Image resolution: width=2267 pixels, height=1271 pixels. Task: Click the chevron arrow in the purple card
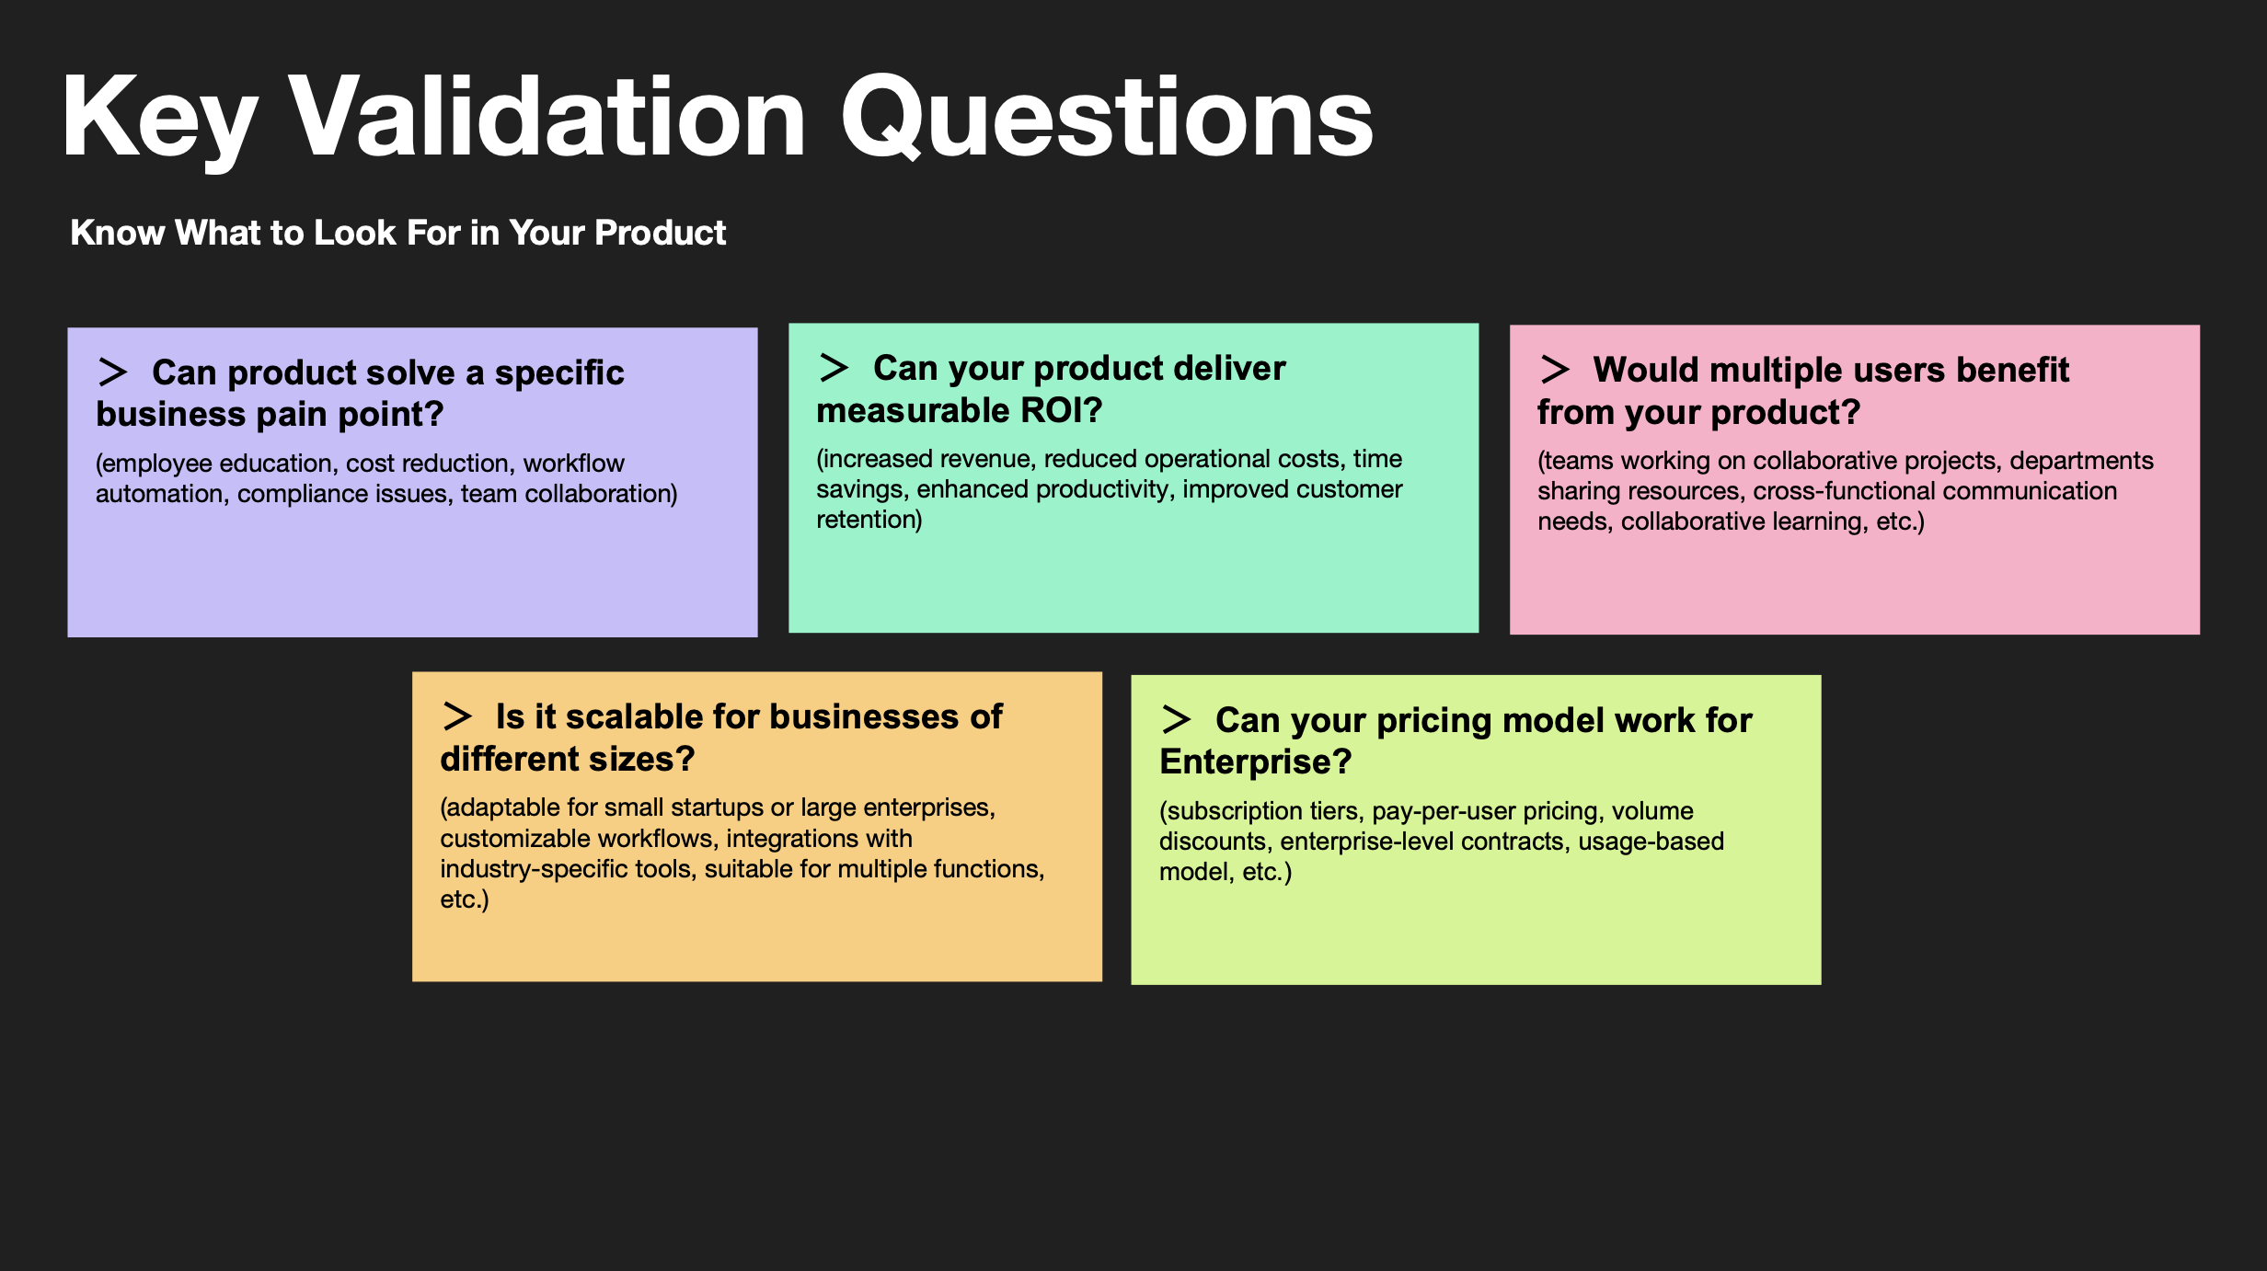coord(112,372)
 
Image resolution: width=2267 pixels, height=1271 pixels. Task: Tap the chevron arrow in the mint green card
coord(834,368)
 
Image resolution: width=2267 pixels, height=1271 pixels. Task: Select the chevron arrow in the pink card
coord(1555,370)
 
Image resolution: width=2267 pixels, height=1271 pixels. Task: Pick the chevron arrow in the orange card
coord(457,716)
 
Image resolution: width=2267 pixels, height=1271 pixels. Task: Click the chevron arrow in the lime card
coord(1177,720)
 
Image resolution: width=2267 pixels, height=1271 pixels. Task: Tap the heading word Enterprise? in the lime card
coord(1256,762)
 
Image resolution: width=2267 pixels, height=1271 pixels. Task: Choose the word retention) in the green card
coord(869,520)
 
